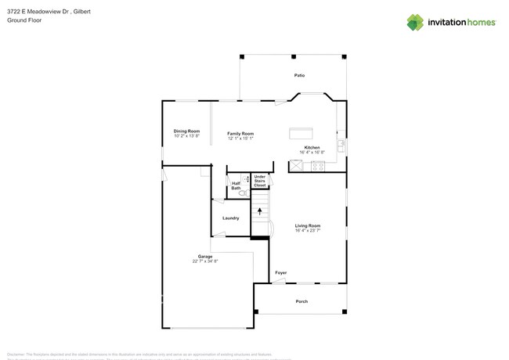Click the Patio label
[x=299, y=76]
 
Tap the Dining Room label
[x=186, y=131]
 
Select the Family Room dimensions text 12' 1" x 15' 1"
[x=240, y=139]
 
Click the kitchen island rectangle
[x=301, y=133]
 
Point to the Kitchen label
[x=312, y=148]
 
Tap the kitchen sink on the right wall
[x=341, y=146]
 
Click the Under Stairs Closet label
[x=260, y=182]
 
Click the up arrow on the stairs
[x=259, y=211]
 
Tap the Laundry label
[x=230, y=218]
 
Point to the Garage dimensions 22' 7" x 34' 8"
[x=205, y=261]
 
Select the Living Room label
[x=308, y=225]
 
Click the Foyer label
[x=280, y=273]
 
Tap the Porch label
[x=301, y=301]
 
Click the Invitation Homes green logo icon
[x=415, y=22]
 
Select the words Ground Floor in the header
[x=24, y=20]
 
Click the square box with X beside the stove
[x=298, y=166]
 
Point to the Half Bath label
[x=236, y=185]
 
